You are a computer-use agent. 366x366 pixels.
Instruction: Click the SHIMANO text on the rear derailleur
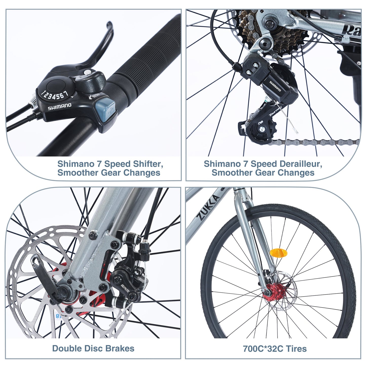point(275,86)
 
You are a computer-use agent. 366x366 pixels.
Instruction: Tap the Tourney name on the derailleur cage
point(275,111)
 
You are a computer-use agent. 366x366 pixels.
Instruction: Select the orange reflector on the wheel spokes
point(278,253)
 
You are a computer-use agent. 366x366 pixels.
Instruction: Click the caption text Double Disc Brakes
point(93,348)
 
